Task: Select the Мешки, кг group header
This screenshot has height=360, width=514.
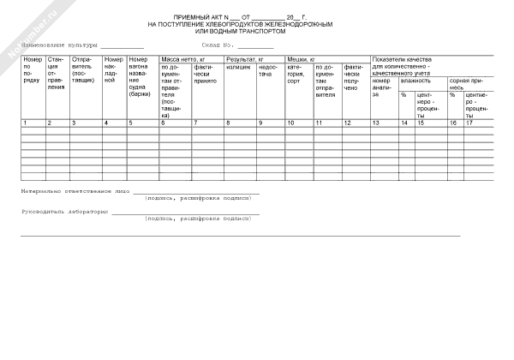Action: coord(302,58)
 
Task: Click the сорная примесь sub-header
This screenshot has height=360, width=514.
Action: coord(469,84)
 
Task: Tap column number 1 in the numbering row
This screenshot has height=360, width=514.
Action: coord(25,123)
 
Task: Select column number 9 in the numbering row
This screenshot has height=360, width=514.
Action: coord(260,123)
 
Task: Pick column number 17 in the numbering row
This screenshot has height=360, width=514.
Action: coord(469,123)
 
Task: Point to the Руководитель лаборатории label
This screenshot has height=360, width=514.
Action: coord(65,212)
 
